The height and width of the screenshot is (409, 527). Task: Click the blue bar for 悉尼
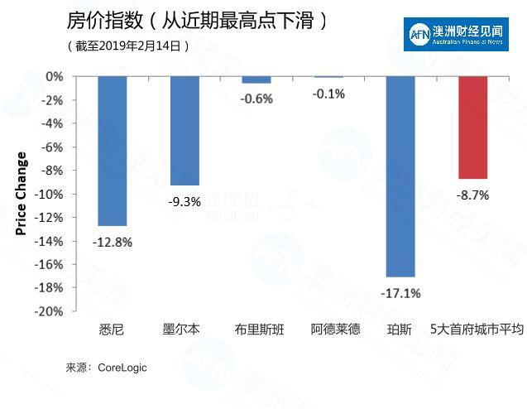click(x=112, y=151)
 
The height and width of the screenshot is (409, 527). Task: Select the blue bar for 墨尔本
click(x=184, y=131)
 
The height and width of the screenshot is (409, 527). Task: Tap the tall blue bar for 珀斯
click(x=400, y=176)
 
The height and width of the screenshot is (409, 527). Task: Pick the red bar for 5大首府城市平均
click(x=472, y=128)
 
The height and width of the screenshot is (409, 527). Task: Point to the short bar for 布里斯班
click(x=256, y=79)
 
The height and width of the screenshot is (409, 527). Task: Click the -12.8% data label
click(x=112, y=243)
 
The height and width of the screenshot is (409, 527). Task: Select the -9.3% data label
click(x=184, y=201)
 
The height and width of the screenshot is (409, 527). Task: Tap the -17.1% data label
click(x=400, y=293)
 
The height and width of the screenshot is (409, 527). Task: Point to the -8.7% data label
click(x=472, y=195)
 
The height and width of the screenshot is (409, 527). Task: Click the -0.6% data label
click(x=257, y=99)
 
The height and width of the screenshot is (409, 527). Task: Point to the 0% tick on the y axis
click(x=55, y=76)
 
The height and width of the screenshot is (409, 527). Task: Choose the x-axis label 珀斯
click(x=400, y=330)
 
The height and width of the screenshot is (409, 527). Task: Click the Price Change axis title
click(x=22, y=194)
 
